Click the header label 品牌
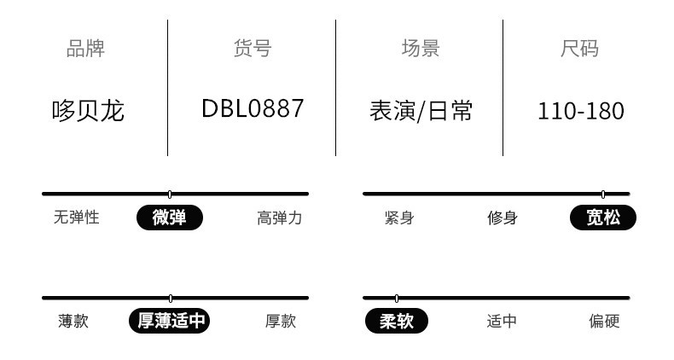pos(86,49)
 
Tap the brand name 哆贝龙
pos(88,111)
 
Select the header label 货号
pos(252,49)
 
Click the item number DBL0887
pos(253,109)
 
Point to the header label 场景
pos(421,49)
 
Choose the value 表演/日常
pos(421,111)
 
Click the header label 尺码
pos(579,49)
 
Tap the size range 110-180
pos(581,111)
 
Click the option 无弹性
pos(77,218)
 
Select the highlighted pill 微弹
pos(170,218)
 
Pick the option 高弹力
pos(279,218)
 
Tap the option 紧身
pos(398,218)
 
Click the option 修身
pos(503,218)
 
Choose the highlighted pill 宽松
pos(603,218)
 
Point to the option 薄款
pos(73,321)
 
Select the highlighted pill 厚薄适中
pos(170,321)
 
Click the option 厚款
pos(280,321)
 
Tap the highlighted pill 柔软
pos(397,321)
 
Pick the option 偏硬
pos(604,321)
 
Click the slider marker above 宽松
pos(603,194)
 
